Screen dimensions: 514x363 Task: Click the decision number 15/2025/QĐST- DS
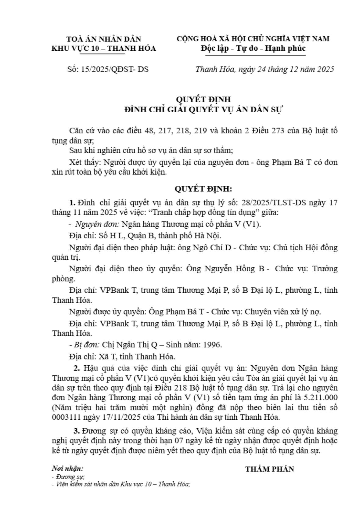(x=115, y=69)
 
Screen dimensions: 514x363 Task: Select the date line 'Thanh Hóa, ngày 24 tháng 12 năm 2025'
(x=264, y=69)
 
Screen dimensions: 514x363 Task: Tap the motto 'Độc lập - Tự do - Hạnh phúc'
(x=253, y=49)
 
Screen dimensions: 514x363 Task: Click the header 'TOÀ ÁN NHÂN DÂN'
(x=104, y=39)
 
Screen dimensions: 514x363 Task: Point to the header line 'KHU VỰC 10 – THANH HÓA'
(x=104, y=49)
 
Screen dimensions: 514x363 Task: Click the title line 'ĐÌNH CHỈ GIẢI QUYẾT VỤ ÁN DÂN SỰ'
(x=204, y=109)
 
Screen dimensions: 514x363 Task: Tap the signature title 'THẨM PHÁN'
(x=269, y=469)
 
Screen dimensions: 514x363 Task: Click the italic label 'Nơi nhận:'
(x=67, y=469)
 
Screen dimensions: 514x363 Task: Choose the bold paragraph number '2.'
(x=77, y=368)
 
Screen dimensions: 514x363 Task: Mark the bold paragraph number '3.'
(x=77, y=431)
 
